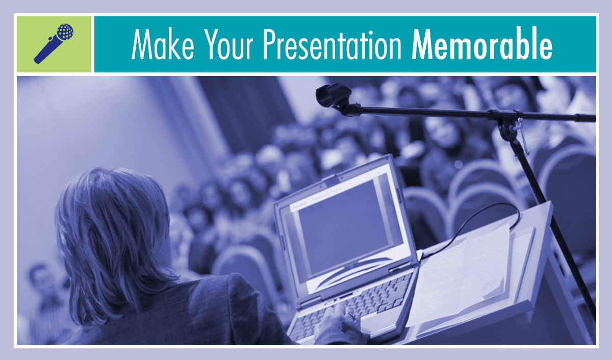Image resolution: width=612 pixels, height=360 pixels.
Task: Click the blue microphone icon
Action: click(x=54, y=43)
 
